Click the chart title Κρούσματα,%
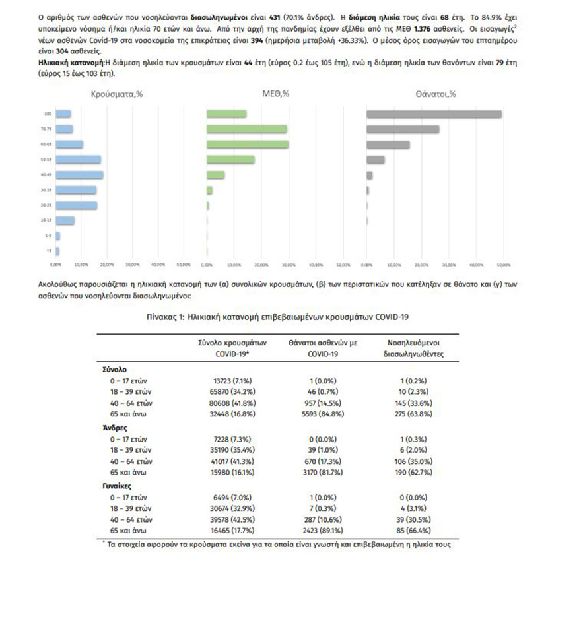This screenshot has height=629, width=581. click(116, 94)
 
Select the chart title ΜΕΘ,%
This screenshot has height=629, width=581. click(276, 94)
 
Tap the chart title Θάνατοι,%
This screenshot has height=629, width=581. click(436, 94)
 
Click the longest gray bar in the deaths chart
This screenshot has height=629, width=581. click(434, 114)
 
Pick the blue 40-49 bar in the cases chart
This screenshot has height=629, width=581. click(79, 175)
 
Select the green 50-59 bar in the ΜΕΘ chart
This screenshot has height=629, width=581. click(230, 160)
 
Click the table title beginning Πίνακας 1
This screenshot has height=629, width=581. click(277, 317)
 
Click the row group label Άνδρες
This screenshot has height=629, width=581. click(110, 428)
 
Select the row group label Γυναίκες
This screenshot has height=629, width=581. click(114, 486)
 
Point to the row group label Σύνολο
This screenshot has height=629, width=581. click(110, 370)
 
